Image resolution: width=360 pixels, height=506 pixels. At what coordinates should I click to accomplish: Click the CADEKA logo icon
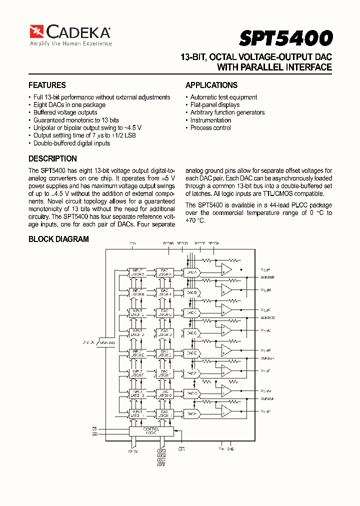click(36, 32)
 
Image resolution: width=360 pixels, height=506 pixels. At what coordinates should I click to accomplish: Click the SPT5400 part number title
click(285, 38)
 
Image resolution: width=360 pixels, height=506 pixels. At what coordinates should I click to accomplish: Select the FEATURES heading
click(47, 85)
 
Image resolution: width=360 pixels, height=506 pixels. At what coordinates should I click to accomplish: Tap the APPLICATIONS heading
click(211, 85)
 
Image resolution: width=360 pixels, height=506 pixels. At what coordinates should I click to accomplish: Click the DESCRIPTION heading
click(52, 159)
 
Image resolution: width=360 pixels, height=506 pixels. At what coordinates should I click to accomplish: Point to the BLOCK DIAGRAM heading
click(58, 239)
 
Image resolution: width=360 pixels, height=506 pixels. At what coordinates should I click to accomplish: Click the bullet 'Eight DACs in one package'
click(69, 105)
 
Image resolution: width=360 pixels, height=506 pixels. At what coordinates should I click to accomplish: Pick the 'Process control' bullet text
click(210, 128)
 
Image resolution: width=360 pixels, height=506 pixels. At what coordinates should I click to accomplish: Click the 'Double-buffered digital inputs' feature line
click(71, 143)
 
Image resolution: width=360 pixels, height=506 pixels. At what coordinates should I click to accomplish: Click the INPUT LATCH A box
click(136, 272)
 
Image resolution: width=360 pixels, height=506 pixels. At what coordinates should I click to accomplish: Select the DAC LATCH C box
click(164, 312)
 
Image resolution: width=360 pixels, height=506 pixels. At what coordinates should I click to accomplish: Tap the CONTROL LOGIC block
click(151, 431)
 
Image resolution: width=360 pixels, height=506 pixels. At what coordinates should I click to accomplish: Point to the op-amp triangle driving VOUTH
click(226, 411)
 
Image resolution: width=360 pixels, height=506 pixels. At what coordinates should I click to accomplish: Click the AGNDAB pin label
click(267, 277)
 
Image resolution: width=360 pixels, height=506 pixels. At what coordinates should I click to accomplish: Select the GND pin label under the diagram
click(230, 448)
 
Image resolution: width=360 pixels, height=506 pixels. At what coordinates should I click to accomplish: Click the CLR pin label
click(181, 449)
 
